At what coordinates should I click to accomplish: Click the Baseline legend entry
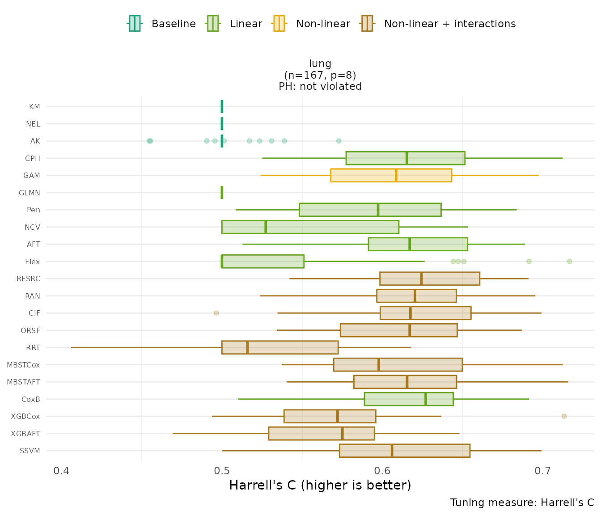point(162,24)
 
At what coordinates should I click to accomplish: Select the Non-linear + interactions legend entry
point(438,24)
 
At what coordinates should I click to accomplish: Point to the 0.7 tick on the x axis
point(543,471)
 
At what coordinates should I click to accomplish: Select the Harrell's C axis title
point(320,485)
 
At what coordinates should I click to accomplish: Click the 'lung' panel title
point(320,64)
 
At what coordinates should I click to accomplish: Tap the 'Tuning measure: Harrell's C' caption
point(522,502)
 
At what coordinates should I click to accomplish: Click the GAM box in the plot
point(391,175)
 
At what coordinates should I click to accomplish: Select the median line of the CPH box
point(406,158)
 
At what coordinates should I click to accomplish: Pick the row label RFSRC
point(29,279)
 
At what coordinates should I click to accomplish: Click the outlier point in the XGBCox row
point(564,416)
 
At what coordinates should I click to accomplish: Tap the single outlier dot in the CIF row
point(216,313)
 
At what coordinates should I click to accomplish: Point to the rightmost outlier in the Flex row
point(569,262)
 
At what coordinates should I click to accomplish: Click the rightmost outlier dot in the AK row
point(339,141)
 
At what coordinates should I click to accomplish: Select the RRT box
point(280,347)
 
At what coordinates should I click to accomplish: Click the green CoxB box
point(409,399)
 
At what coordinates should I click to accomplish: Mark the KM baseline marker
point(222,106)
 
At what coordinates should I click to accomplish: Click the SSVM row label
point(30,451)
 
